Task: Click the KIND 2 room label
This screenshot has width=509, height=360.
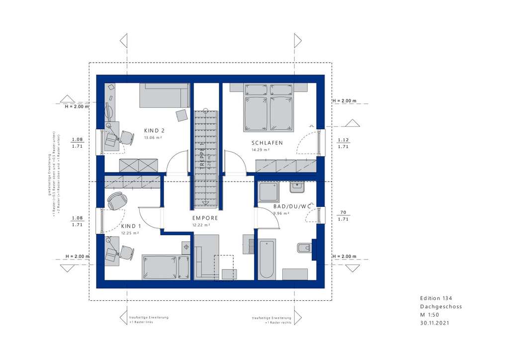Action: point(154,131)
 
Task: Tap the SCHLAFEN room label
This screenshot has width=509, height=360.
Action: point(267,143)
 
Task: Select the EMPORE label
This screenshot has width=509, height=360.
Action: point(205,218)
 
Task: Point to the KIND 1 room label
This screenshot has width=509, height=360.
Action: point(130,226)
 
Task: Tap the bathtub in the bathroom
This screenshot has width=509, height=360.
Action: point(267,259)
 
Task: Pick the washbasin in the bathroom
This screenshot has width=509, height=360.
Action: point(297,187)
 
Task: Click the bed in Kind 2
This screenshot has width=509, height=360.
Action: point(164,95)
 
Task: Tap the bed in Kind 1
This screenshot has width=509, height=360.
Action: point(166,268)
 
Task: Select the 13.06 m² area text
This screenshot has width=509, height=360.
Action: point(153,137)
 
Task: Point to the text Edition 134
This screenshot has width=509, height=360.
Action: point(436,298)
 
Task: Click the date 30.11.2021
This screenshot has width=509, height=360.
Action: point(436,323)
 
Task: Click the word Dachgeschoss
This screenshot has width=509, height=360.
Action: point(440,306)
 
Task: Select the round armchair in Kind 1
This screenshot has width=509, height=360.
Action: point(117,201)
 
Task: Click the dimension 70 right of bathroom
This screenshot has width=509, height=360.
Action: point(343,211)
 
